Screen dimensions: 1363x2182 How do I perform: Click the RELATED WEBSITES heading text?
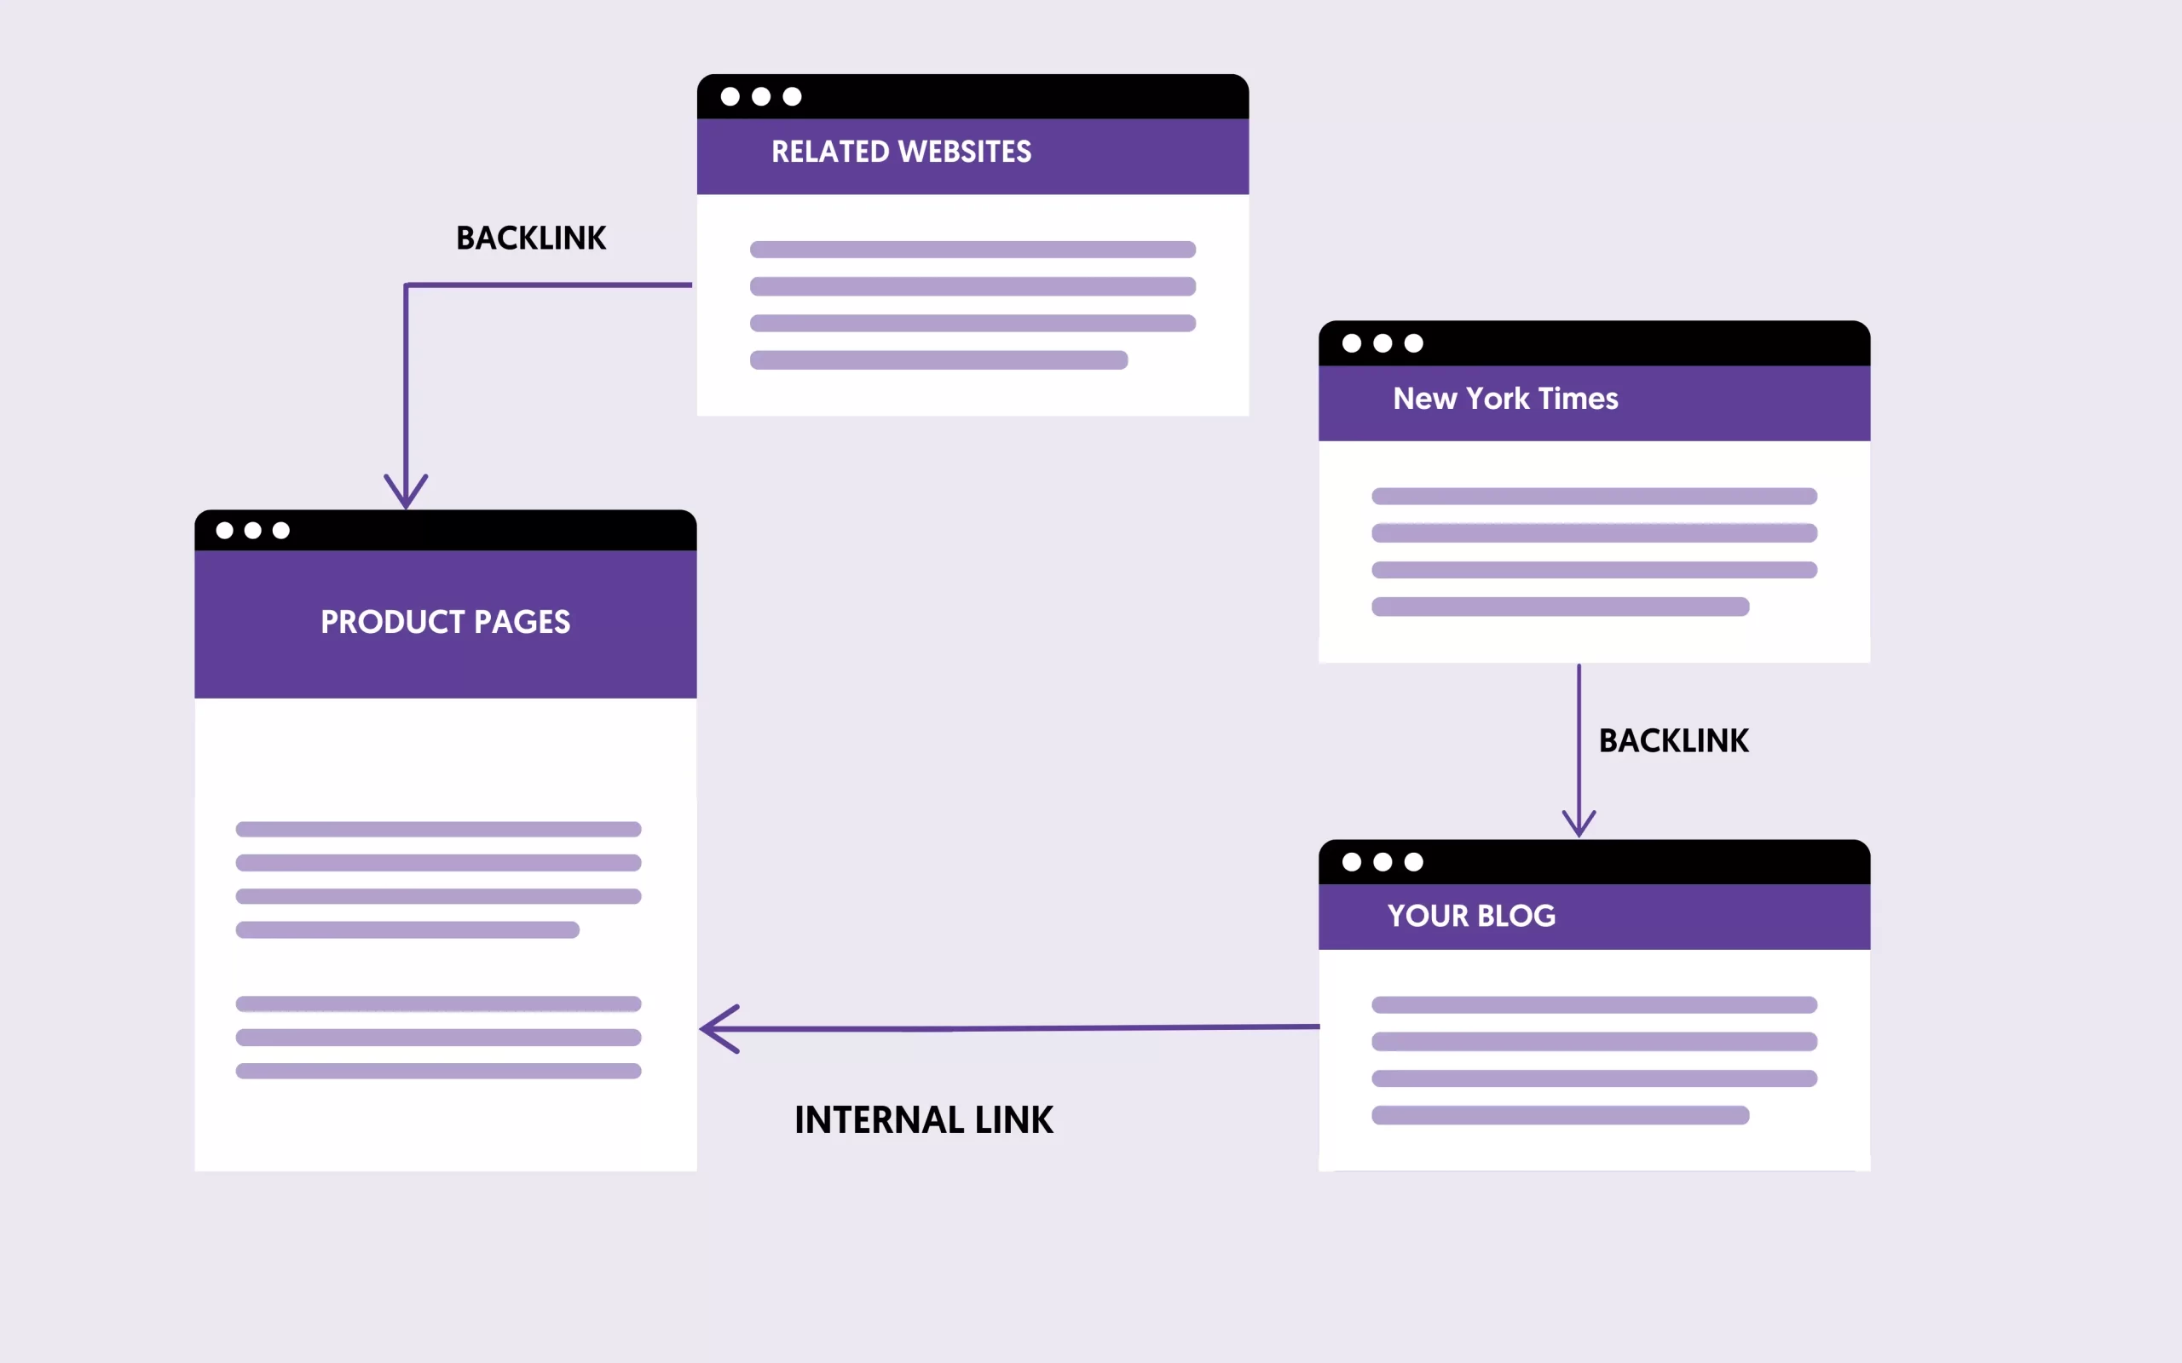901,152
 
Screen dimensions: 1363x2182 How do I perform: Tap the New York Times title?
1505,399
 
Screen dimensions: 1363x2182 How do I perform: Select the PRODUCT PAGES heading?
446,622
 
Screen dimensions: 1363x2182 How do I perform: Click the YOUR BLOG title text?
1470,916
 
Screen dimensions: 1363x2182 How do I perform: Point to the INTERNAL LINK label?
923,1119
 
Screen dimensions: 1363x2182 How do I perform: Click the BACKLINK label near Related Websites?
531,238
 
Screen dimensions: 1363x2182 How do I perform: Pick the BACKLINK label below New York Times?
1673,741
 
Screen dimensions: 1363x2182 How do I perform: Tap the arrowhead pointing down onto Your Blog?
1579,824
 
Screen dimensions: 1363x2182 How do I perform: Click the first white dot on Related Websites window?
730,96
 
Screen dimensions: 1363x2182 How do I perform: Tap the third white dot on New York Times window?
1414,343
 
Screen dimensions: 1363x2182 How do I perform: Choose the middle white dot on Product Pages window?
253,531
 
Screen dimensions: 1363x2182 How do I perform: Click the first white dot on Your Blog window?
1352,863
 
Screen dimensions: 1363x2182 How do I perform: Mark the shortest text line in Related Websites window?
938,360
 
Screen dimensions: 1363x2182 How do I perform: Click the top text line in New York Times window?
1594,497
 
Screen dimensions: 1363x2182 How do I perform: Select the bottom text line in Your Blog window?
1560,1116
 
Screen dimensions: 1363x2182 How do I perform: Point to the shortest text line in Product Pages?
407,930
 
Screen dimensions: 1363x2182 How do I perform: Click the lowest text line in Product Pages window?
438,1072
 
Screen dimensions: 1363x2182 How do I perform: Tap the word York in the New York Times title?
1498,399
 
